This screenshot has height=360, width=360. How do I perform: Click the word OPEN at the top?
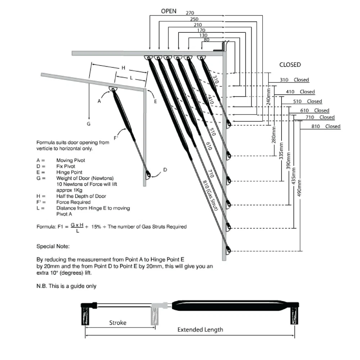coord(168,11)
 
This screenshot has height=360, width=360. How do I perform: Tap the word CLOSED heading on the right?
coord(290,65)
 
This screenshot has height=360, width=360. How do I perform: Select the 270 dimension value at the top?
coord(190,13)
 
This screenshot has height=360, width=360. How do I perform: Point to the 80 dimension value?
coord(206,40)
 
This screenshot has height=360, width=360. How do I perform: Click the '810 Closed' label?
coord(326,126)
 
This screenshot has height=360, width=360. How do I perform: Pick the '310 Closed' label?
coord(294,80)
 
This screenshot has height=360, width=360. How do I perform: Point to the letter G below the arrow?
coord(89,123)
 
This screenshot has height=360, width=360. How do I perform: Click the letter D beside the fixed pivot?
coord(165,170)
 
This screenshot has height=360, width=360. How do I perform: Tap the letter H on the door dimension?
coord(123,68)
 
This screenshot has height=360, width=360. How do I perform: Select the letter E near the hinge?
coord(156,102)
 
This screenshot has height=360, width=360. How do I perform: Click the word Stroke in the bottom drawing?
coord(118,323)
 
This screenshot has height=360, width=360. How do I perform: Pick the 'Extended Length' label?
coord(200,329)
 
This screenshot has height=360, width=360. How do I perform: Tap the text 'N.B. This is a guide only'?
coord(67,286)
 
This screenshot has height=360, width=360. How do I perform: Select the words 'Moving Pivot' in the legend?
coord(71,160)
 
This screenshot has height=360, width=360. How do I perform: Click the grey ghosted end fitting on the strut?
coord(156,314)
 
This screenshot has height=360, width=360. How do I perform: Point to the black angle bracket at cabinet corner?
coord(220,47)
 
